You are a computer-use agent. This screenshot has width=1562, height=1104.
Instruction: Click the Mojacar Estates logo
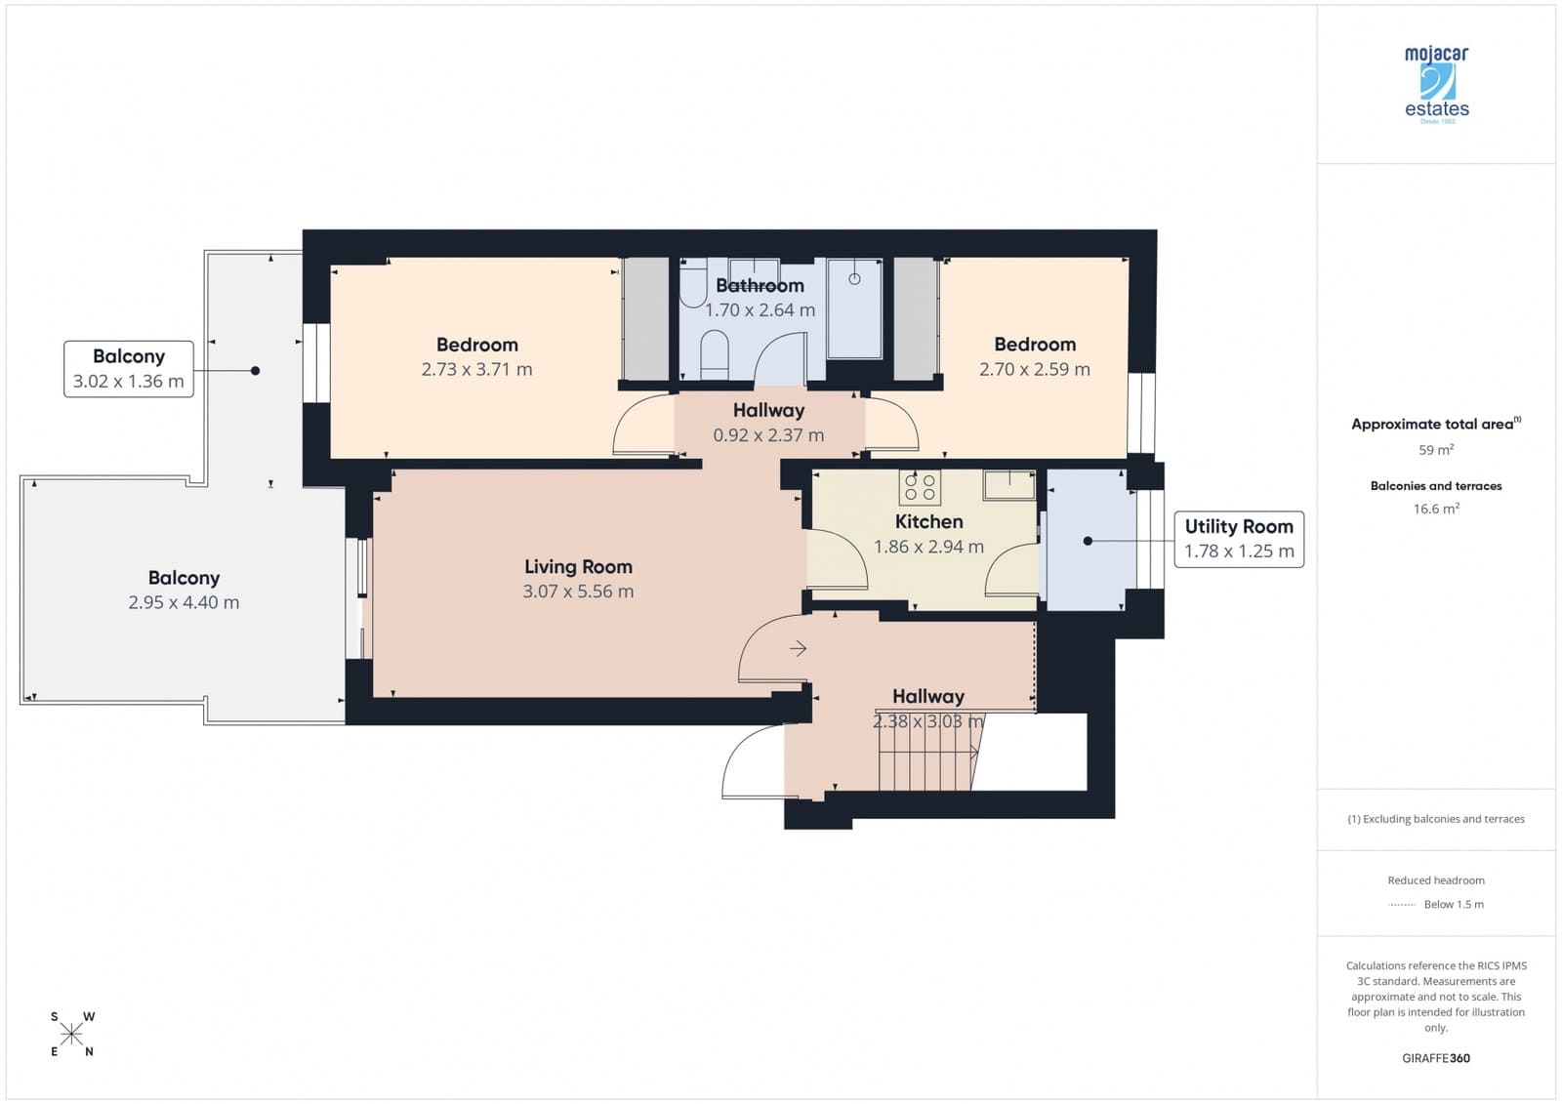click(x=1436, y=84)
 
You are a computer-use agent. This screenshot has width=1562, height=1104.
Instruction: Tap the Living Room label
click(x=578, y=566)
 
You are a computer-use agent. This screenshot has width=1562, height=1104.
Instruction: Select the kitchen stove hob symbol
click(x=920, y=487)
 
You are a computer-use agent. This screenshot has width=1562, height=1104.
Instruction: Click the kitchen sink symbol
click(x=1008, y=484)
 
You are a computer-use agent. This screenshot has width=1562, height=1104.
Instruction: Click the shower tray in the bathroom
click(x=854, y=308)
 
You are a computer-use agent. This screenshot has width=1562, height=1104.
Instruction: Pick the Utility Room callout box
click(x=1238, y=539)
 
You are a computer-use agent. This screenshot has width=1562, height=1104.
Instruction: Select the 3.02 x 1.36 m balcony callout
click(x=129, y=369)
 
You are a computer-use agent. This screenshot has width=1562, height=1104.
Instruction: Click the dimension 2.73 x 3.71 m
click(x=476, y=370)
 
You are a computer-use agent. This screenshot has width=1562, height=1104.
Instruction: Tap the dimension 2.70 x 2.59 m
click(x=1034, y=370)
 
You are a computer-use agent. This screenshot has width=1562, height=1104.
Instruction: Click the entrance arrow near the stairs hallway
click(x=798, y=648)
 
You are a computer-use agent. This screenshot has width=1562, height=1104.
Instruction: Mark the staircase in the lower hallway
click(x=927, y=753)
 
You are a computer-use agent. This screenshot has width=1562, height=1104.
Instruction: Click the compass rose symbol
click(x=72, y=1034)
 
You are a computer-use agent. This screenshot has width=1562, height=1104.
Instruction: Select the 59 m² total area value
click(x=1435, y=450)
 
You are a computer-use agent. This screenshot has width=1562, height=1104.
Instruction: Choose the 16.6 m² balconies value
click(x=1435, y=509)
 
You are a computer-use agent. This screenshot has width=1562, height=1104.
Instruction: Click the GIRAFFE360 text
click(x=1435, y=1058)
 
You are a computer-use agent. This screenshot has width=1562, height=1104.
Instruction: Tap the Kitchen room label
click(x=928, y=521)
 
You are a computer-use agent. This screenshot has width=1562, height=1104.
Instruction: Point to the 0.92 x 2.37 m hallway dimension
click(x=768, y=435)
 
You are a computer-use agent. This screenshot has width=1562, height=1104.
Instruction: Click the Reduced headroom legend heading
click(x=1435, y=880)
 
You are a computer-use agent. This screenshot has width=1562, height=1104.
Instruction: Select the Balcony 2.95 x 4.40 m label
click(x=184, y=590)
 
